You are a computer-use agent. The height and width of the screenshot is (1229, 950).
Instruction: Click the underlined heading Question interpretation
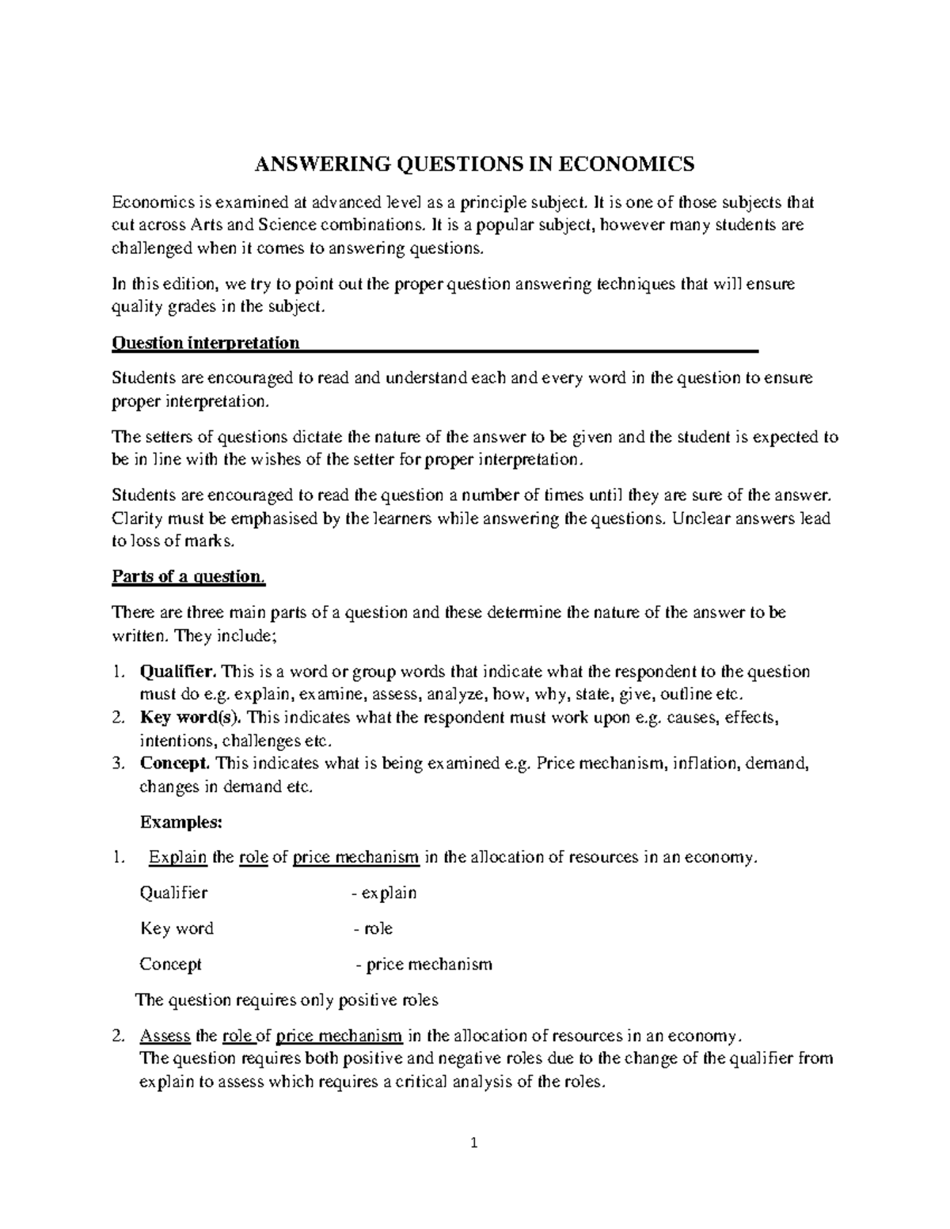[206, 343]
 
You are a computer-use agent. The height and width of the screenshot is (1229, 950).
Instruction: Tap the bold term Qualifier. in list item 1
[177, 672]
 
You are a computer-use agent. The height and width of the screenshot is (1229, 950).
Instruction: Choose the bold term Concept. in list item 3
[175, 764]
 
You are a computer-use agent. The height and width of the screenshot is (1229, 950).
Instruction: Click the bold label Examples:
[180, 822]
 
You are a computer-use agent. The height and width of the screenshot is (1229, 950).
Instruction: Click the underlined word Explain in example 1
[178, 857]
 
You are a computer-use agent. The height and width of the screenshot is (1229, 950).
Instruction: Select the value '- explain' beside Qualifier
[384, 893]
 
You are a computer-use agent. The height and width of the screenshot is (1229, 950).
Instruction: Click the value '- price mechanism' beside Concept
[424, 964]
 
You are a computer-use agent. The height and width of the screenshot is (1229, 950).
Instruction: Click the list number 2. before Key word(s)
[118, 718]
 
